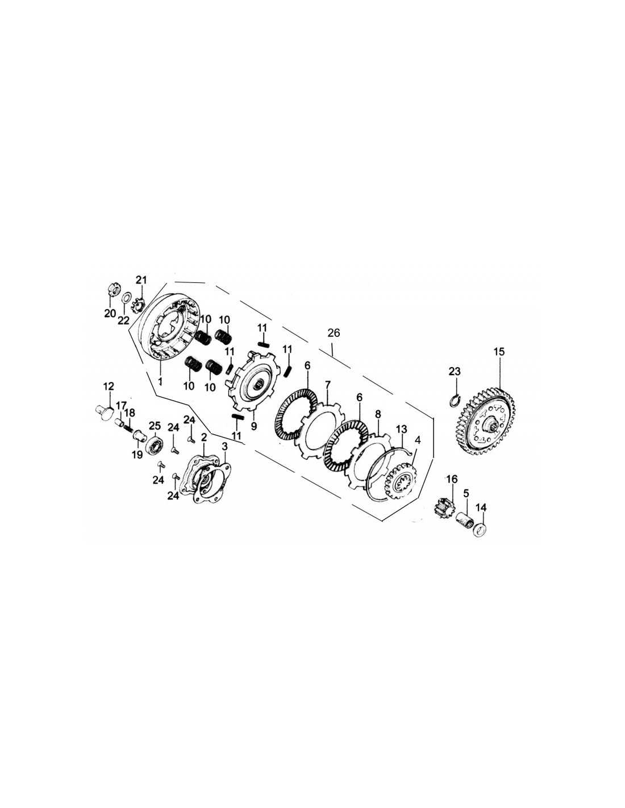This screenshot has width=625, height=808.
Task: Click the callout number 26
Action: coord(334,333)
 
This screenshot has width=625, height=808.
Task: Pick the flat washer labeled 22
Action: coord(126,298)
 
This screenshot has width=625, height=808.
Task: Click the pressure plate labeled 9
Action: coord(251,382)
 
